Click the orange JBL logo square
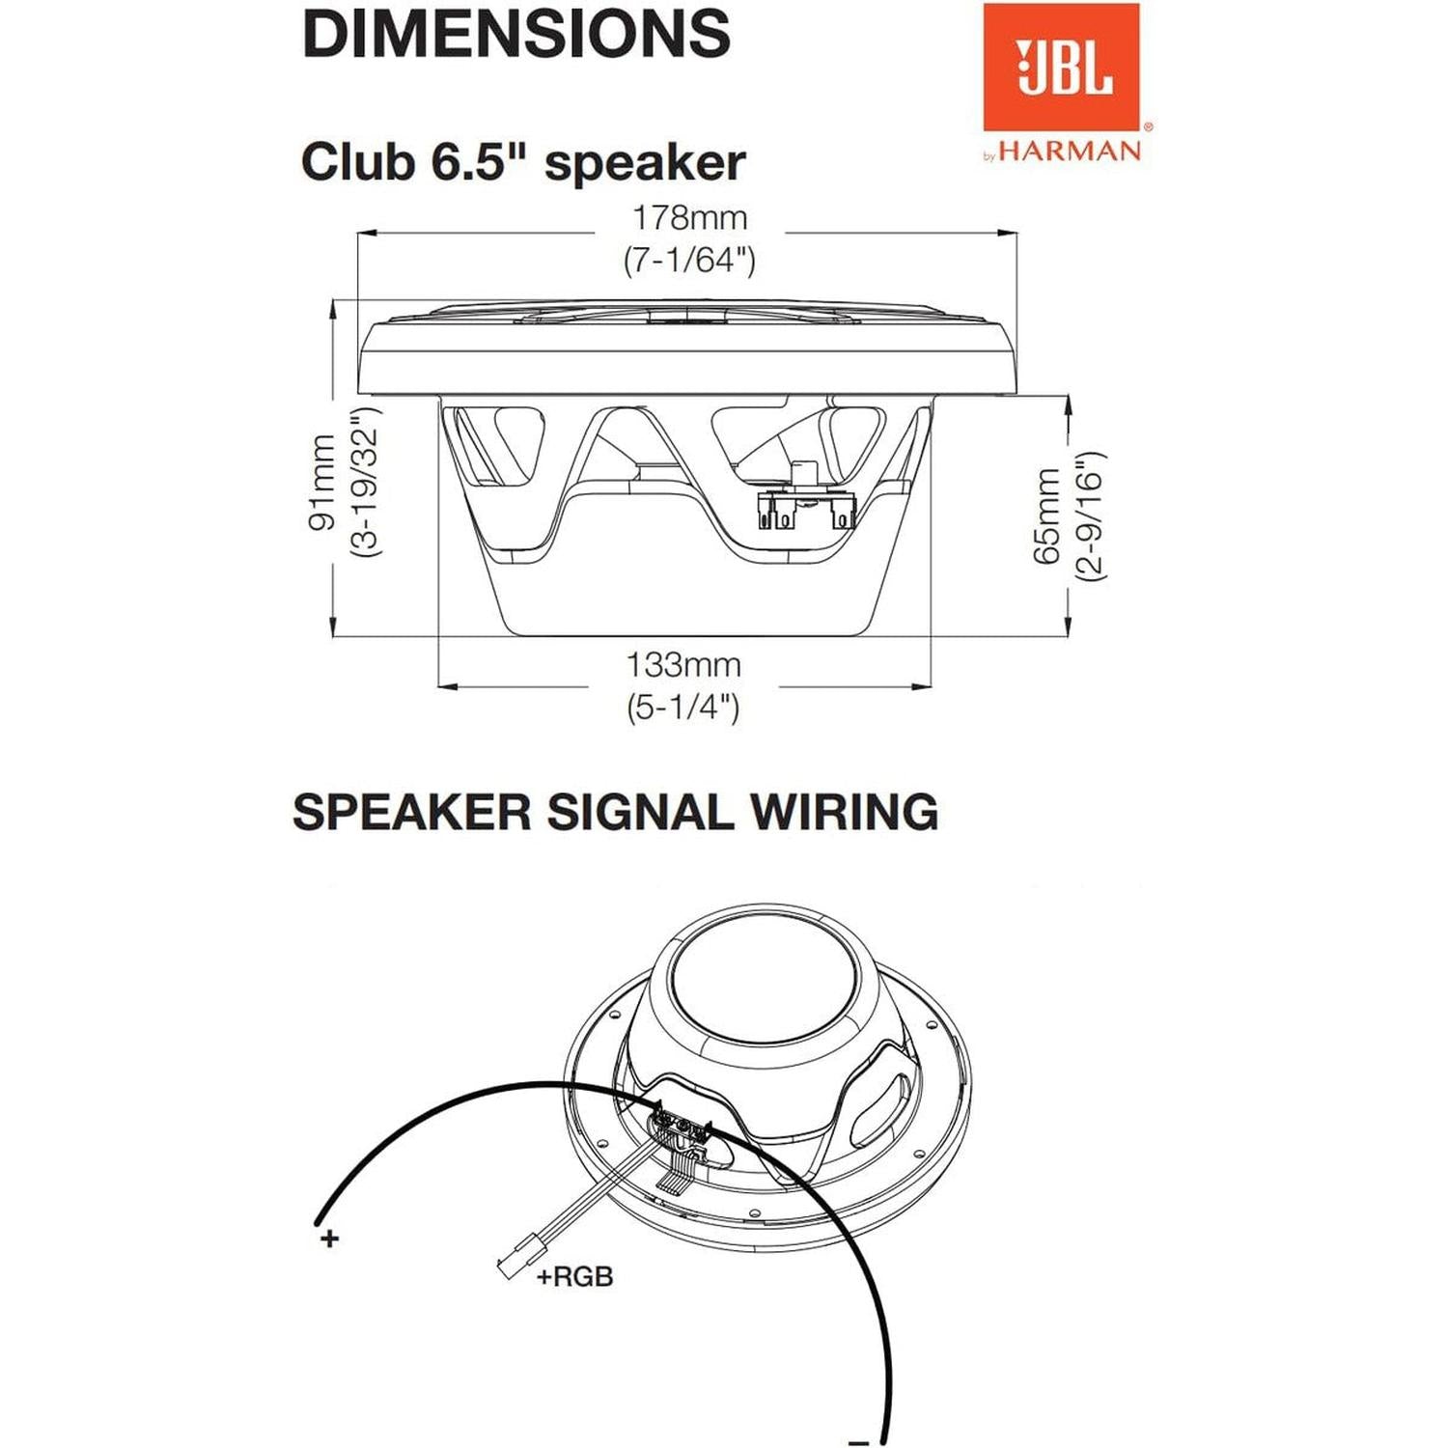coord(1061,67)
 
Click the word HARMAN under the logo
coord(1070,152)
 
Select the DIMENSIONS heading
coord(516,34)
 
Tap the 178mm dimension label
coord(689,218)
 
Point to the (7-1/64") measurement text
coord(689,260)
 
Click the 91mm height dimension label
coord(322,482)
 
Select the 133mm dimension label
coord(683,665)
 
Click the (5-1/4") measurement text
coord(683,708)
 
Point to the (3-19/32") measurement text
coord(366,482)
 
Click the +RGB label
coord(575,1277)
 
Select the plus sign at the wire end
coord(330,1238)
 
